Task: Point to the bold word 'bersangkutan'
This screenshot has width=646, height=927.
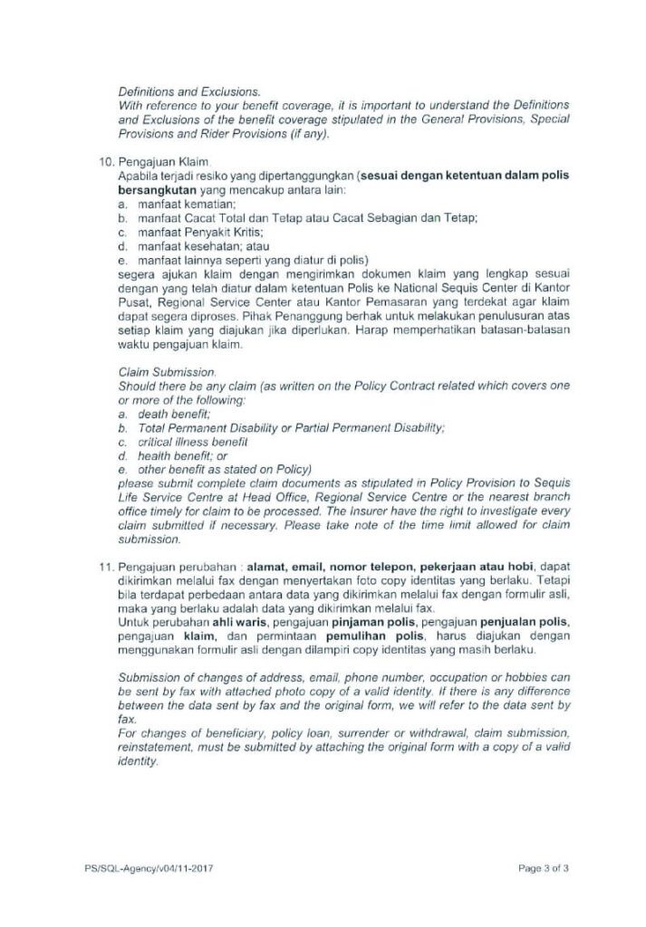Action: pos(159,193)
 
